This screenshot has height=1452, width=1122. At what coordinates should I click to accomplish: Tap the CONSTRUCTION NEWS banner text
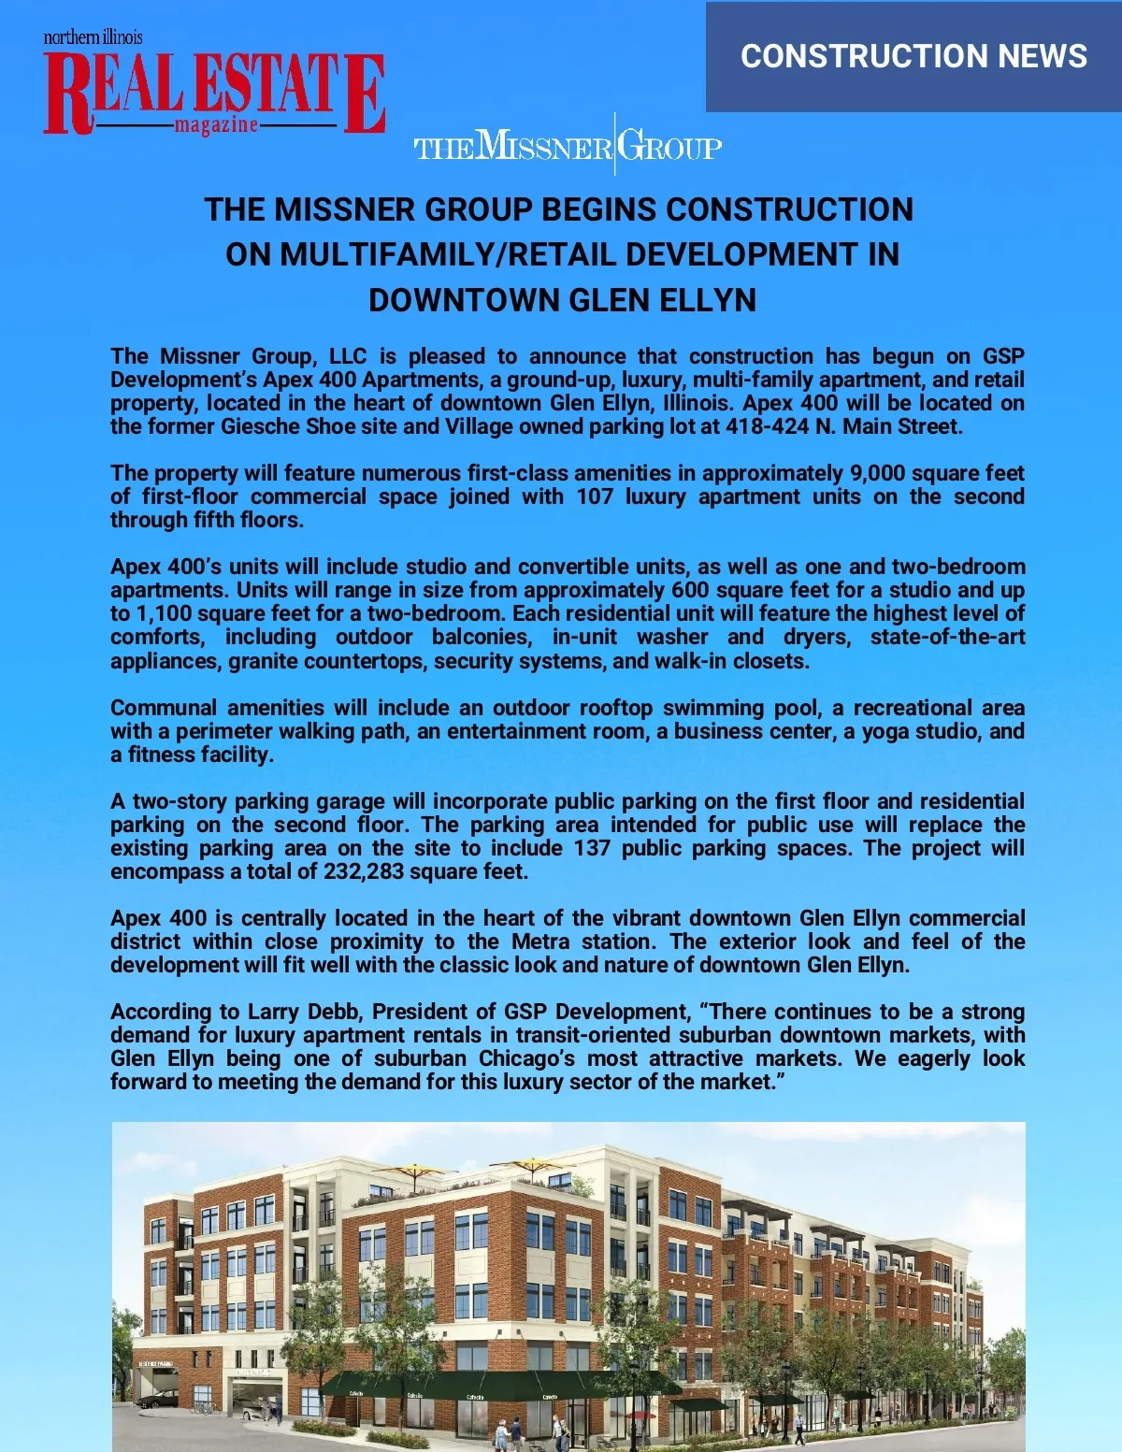(x=913, y=56)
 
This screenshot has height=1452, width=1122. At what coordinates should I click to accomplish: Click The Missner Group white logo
(x=568, y=147)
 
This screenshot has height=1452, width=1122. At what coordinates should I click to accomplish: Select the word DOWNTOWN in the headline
(x=465, y=300)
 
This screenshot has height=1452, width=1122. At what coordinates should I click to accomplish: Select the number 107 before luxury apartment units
(x=595, y=496)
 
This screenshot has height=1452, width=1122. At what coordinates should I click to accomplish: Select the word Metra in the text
(x=540, y=942)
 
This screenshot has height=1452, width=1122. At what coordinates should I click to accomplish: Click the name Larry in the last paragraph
(x=271, y=1012)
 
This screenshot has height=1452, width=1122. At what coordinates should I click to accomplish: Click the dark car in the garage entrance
(x=156, y=1399)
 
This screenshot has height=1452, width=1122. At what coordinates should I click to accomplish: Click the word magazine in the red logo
(x=215, y=125)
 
